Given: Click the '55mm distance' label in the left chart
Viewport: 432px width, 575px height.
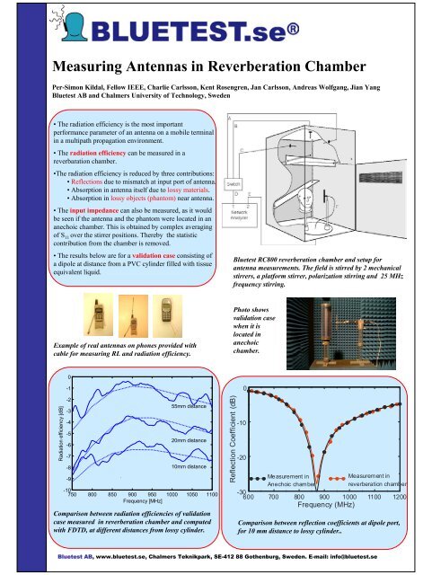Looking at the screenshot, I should coord(189,407).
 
